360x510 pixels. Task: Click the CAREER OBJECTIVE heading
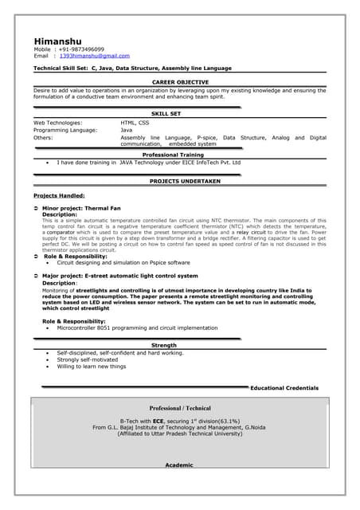click(x=180, y=82)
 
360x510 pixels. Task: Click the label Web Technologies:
click(x=58, y=123)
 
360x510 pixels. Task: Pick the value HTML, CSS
click(x=135, y=123)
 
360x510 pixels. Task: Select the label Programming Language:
click(x=65, y=130)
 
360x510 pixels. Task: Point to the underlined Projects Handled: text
click(x=59, y=195)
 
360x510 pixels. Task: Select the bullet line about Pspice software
click(x=123, y=262)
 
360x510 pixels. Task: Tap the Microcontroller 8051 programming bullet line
click(x=137, y=328)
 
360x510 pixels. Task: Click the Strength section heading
click(x=164, y=345)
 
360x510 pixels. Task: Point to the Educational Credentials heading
click(x=284, y=388)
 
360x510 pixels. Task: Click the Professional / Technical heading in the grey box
click(x=180, y=408)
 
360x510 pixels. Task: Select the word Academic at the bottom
click(x=179, y=465)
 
